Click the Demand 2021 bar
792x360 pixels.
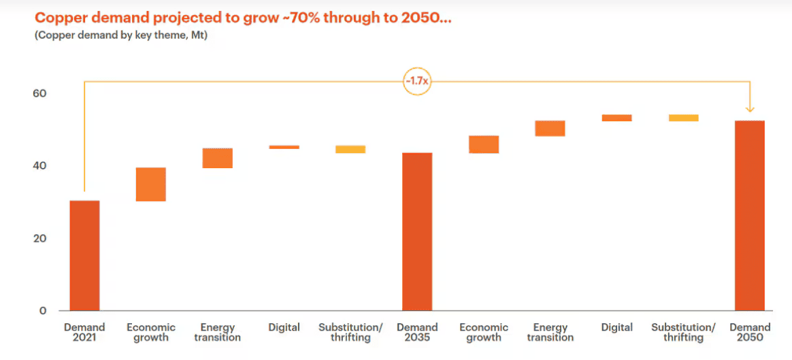(84, 255)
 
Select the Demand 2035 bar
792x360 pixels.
(417, 231)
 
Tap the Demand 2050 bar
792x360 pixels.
(750, 215)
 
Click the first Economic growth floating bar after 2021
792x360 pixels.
(151, 184)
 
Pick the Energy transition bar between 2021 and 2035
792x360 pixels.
(218, 158)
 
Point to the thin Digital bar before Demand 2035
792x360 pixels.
(284, 147)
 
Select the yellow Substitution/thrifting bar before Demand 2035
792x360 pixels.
(350, 149)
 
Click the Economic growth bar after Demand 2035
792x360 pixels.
(484, 144)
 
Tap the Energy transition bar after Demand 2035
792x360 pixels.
(550, 129)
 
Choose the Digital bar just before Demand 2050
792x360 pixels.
(616, 118)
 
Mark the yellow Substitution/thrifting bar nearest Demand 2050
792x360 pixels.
(683, 118)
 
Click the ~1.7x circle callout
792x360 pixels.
(417, 82)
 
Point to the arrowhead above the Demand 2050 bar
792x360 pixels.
(750, 108)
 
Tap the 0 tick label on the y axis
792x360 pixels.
(43, 311)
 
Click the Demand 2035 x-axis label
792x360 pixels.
(417, 332)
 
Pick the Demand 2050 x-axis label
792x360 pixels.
(750, 332)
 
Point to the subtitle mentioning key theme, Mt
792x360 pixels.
(121, 35)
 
